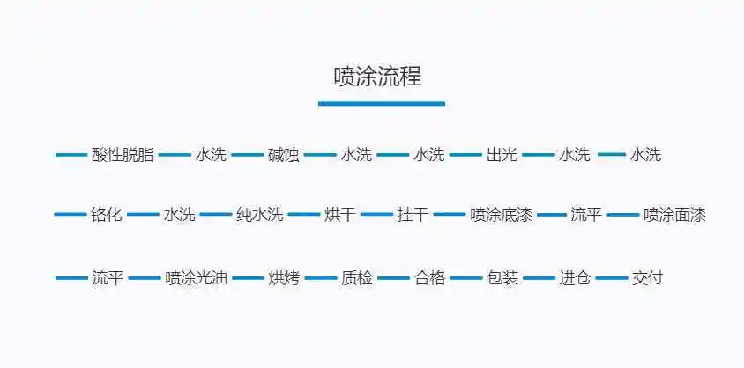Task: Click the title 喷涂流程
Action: [x=377, y=77]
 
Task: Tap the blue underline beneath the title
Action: [x=381, y=103]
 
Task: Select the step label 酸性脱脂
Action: [x=123, y=155]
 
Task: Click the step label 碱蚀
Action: [x=284, y=155]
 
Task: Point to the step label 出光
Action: [x=502, y=155]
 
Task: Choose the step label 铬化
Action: [x=107, y=214]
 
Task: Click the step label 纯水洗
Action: [x=259, y=214]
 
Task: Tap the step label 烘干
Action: [x=340, y=214]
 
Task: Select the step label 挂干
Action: [x=413, y=214]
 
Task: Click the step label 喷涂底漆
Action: [x=501, y=214]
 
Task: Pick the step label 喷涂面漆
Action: [x=674, y=214]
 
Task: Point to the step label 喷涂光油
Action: [x=197, y=278]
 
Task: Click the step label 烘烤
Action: [x=284, y=278]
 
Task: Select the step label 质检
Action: [x=357, y=278]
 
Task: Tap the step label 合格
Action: [x=429, y=278]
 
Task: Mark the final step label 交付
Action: [x=647, y=278]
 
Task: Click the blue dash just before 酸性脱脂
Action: [x=71, y=155]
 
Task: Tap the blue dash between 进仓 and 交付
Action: [x=611, y=278]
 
